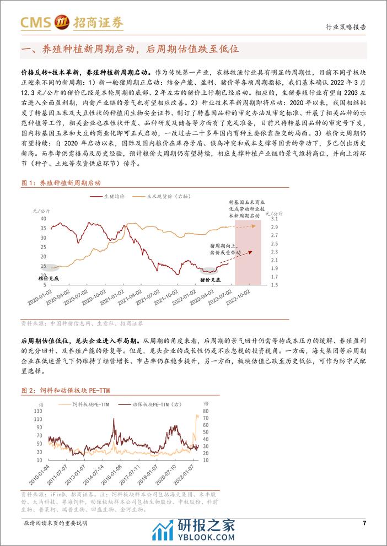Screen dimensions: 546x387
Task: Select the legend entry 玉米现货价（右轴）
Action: click(x=174, y=196)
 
